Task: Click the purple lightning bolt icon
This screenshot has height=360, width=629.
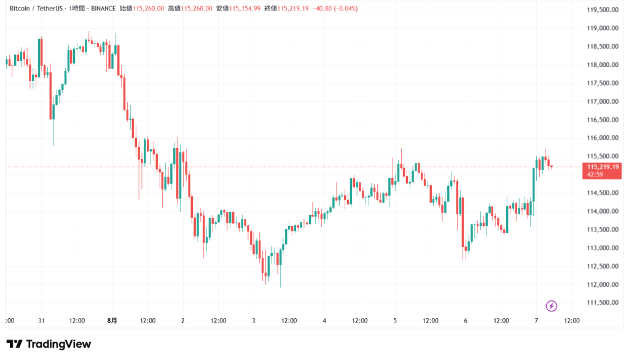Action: (x=551, y=305)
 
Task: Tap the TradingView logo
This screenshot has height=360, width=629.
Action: (x=49, y=344)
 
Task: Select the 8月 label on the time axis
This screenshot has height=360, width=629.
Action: (x=112, y=320)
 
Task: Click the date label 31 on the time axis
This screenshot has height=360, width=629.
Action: (x=42, y=320)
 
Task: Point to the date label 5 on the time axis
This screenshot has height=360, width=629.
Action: (x=395, y=320)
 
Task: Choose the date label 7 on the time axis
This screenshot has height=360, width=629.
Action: (x=536, y=320)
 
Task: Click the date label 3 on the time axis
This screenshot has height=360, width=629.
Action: (x=254, y=320)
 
